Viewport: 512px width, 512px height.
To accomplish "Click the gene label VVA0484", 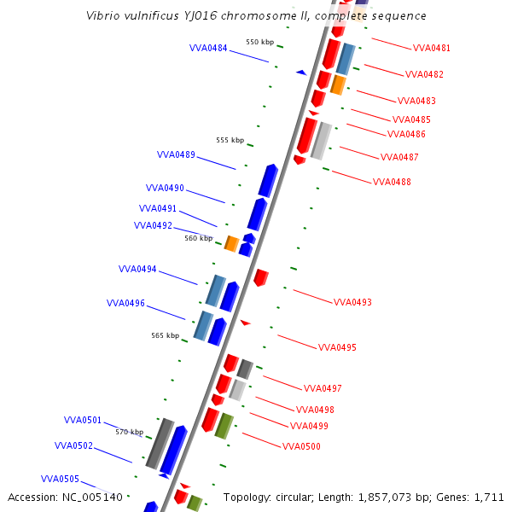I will tap(208, 48).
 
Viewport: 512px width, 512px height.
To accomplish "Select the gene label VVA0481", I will tap(431, 48).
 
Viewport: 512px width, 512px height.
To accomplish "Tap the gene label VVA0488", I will tap(392, 182).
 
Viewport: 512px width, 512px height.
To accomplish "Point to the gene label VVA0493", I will tap(352, 302).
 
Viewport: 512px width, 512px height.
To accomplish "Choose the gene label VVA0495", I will tap(337, 347).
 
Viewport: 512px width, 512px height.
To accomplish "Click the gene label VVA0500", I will tap(301, 446).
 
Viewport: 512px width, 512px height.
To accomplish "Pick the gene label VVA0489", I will tap(176, 154).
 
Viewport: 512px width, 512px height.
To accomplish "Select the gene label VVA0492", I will tap(153, 225).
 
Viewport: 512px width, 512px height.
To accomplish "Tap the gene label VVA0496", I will tap(125, 303).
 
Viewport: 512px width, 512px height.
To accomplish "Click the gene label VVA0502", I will tap(73, 445).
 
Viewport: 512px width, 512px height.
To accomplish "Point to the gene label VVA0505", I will tap(60, 479).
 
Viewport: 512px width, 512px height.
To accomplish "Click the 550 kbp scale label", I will tap(259, 42).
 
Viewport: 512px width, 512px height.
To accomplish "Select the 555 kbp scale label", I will tap(230, 140).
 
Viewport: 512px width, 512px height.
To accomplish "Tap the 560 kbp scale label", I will tap(198, 239).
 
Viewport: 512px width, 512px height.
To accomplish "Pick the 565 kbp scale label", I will tap(165, 335).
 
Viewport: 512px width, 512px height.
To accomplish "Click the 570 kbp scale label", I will tap(129, 432).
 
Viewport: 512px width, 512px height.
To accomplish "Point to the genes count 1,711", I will tap(489, 497).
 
